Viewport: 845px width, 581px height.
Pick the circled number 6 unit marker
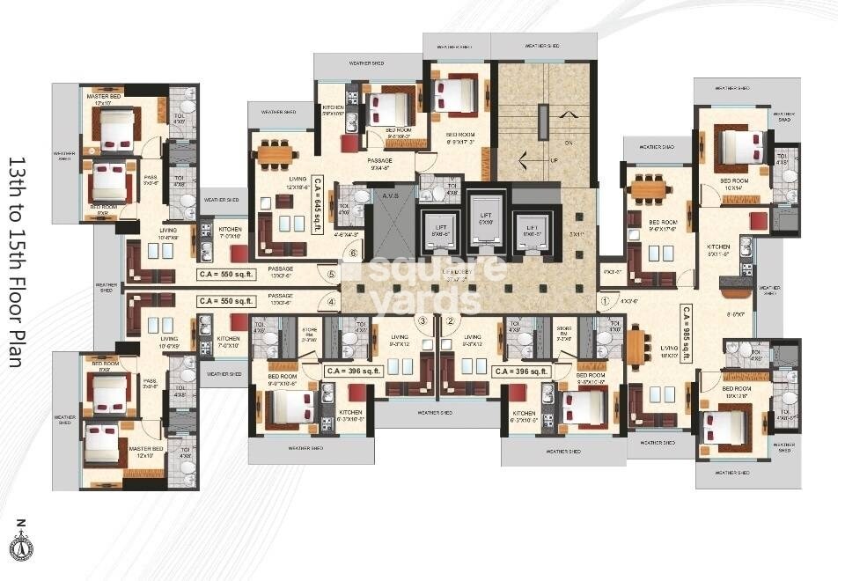coord(353,254)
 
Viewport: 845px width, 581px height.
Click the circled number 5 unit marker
coord(331,274)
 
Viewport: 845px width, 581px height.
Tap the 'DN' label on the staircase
coord(569,143)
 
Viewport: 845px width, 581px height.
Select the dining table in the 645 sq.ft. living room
coord(276,156)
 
